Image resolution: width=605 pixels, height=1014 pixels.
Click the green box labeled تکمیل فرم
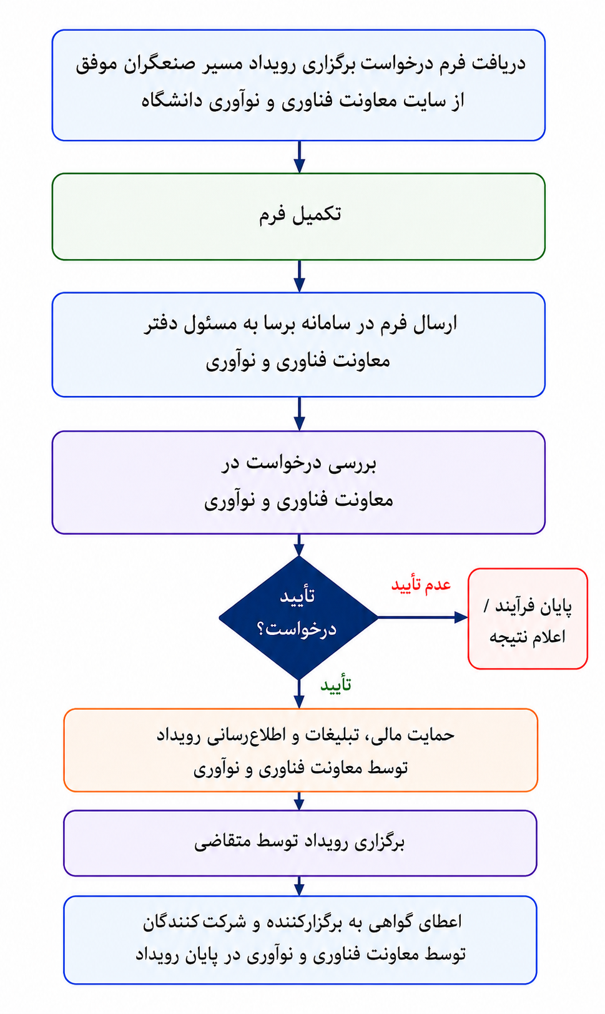[x=298, y=217]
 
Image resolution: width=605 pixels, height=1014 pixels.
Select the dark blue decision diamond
[x=298, y=618]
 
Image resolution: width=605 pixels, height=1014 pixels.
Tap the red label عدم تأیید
[x=421, y=584]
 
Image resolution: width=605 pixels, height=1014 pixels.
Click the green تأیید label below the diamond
[x=336, y=685]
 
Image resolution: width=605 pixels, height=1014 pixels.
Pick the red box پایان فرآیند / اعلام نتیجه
[x=528, y=618]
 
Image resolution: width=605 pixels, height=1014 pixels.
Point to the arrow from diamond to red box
[x=423, y=617]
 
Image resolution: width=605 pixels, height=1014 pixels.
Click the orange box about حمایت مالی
[x=300, y=750]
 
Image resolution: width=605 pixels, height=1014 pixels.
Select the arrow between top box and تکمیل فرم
[x=299, y=157]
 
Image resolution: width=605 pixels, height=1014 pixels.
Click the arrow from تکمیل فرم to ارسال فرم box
[x=299, y=276]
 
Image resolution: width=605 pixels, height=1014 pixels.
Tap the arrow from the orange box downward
[x=298, y=801]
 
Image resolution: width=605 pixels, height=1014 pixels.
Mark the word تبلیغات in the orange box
[x=329, y=735]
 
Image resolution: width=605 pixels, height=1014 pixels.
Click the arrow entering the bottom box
[x=298, y=886]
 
